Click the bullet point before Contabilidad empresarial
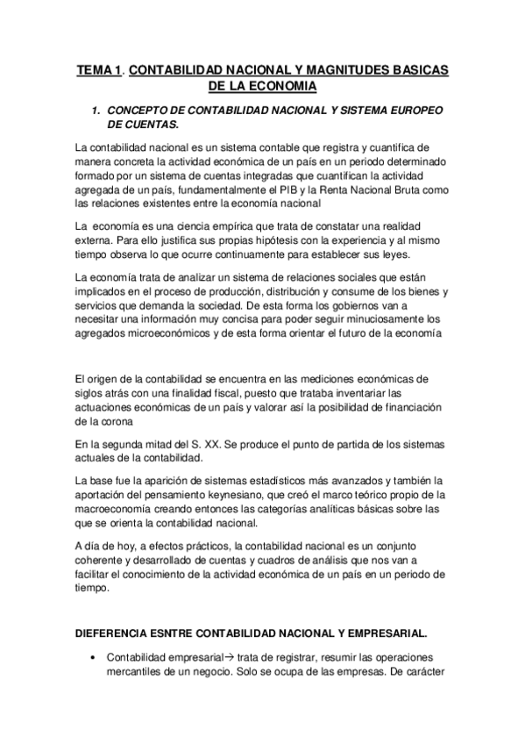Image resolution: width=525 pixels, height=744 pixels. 91,657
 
